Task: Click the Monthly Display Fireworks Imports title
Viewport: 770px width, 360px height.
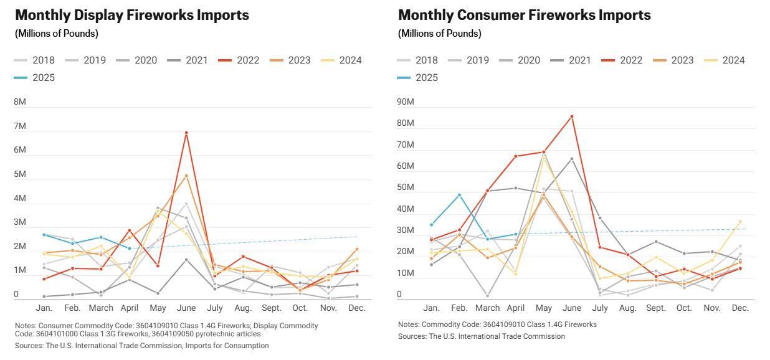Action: (132, 16)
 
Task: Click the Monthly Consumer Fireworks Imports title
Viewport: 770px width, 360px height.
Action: (524, 16)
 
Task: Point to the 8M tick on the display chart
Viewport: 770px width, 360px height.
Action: (21, 102)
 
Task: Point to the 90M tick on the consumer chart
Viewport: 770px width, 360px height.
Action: (406, 102)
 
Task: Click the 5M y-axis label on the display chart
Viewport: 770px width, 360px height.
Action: (21, 174)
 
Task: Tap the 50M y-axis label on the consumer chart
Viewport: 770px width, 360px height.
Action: (406, 187)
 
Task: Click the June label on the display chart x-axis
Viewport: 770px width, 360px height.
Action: (186, 308)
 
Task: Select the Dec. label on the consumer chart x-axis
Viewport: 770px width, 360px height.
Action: (740, 308)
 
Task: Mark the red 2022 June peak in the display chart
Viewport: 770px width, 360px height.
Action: (186, 133)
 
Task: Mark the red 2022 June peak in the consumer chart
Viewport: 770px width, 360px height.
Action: (572, 116)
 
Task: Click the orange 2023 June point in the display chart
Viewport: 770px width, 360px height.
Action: (186, 176)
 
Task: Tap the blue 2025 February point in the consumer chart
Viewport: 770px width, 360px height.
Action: (459, 195)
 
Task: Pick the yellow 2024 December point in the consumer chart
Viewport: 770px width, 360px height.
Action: (740, 221)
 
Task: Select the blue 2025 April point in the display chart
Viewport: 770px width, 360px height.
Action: (130, 249)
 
